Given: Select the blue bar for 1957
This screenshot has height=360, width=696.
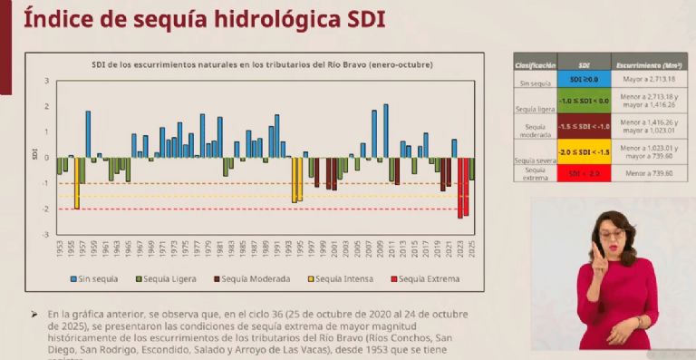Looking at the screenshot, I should (x=88, y=134).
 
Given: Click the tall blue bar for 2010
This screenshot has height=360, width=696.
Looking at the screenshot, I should (x=385, y=131).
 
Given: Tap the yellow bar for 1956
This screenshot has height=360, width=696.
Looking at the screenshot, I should (x=77, y=183).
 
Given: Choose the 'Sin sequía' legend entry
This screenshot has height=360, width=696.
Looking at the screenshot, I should (x=95, y=278).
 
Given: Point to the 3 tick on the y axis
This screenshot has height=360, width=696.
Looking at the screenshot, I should (x=46, y=82).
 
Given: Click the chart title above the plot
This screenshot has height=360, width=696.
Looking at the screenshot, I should (x=263, y=64).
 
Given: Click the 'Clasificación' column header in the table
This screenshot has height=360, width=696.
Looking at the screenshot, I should (x=535, y=66).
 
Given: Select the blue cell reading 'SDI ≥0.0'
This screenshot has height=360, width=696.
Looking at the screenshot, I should (x=585, y=80).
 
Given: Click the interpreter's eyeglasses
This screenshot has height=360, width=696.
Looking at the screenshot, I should (x=614, y=234).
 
